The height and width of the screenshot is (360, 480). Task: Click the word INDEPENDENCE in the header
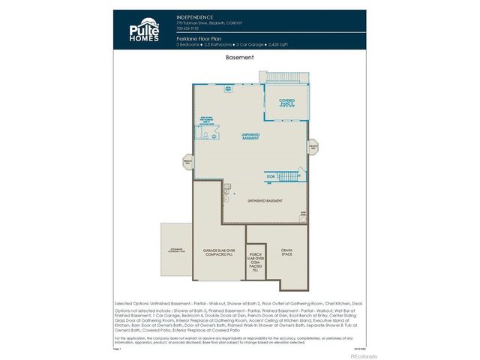click(x=195, y=16)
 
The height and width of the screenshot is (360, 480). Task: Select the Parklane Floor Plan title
click(x=199, y=37)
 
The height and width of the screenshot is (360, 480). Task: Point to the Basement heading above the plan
click(x=239, y=57)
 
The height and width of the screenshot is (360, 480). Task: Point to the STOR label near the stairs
click(x=271, y=177)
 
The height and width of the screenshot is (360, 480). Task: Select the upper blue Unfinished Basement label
click(x=250, y=136)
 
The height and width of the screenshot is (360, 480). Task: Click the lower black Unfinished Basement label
click(x=265, y=201)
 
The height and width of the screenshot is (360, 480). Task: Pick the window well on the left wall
click(x=188, y=161)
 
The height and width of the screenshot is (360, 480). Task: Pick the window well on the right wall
click(x=313, y=147)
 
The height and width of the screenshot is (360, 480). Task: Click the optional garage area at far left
click(x=176, y=249)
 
